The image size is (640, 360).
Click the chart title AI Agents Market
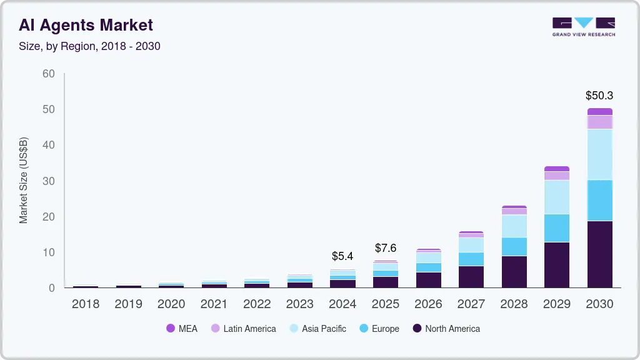tap(86, 25)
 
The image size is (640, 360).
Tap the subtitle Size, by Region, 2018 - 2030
tap(89, 46)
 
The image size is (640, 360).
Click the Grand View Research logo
tap(583, 26)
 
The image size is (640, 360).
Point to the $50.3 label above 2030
tap(599, 96)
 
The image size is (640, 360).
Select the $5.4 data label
tap(342, 256)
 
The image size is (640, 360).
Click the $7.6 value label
tap(385, 248)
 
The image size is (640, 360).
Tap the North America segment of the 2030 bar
tap(599, 254)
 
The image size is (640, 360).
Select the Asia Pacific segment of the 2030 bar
tap(599, 154)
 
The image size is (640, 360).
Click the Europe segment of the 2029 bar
tap(556, 228)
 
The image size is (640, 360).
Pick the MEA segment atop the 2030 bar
tap(599, 112)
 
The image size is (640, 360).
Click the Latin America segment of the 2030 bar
tap(599, 122)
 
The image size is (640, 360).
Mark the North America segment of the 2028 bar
tap(514, 271)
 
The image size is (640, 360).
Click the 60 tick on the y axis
tap(49, 74)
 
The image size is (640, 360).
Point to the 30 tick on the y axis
tap(49, 181)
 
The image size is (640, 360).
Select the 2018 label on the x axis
tap(86, 304)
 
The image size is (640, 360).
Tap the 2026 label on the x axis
tap(428, 304)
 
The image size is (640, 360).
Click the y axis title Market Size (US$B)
tap(24, 180)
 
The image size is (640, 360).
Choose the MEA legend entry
tap(181, 329)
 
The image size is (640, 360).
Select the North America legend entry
tap(446, 329)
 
